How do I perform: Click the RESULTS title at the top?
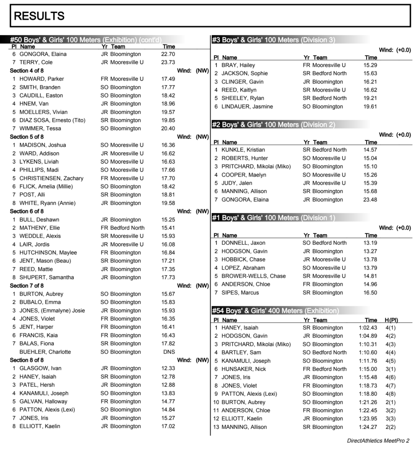39,16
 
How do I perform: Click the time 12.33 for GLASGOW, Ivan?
168,368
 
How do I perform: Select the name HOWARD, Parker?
42,79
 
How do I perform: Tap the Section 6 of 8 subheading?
27,211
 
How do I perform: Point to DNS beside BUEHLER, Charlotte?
169,352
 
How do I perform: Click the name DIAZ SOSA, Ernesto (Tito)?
52,120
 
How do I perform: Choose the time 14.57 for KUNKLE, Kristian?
370,150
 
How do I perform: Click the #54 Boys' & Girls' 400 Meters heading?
275,311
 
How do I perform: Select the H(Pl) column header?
391,320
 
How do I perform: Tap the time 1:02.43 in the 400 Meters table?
368,328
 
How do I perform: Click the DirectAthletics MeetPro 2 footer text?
378,441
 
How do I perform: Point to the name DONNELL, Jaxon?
243,243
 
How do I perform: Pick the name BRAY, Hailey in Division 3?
238,65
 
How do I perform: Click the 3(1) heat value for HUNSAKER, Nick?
390,369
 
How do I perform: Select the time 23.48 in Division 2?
370,200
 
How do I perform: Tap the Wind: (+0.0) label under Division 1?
395,228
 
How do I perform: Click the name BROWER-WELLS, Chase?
253,276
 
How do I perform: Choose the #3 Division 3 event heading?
273,40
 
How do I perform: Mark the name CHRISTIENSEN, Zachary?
51,178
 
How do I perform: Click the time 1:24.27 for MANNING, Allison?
368,427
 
